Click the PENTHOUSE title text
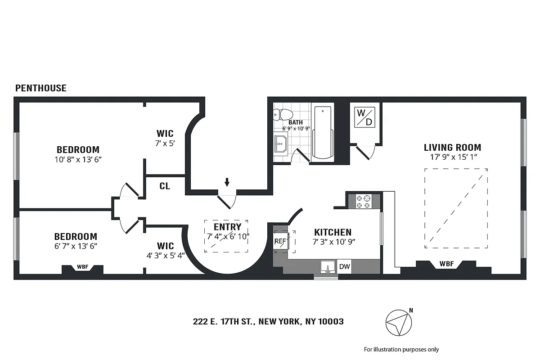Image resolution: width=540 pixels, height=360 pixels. [x=41, y=88]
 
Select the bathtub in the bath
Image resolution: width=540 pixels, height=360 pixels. [x=323, y=132]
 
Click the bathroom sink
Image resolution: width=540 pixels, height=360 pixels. [x=281, y=145]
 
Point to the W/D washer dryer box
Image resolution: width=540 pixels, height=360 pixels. [x=364, y=117]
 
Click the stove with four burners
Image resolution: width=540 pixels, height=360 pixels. [x=364, y=201]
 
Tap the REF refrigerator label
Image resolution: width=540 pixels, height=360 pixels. [x=280, y=241]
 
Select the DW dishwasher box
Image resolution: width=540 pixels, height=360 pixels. [x=344, y=266]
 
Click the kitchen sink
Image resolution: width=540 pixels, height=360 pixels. [x=328, y=267]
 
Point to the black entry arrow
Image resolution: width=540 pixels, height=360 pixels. [x=227, y=182]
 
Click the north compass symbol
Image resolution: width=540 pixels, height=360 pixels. [x=399, y=322]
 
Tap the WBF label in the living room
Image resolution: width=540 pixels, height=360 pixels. [x=446, y=263]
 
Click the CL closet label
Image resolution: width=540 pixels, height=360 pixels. [x=165, y=186]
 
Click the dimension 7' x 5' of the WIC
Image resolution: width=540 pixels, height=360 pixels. [x=165, y=143]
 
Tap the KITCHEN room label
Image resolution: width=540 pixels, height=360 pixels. [x=333, y=232]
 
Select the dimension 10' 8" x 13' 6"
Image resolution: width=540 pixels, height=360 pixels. [x=78, y=159]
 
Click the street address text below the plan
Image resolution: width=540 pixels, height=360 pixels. [x=268, y=322]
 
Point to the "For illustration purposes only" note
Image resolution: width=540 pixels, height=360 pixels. [x=401, y=349]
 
